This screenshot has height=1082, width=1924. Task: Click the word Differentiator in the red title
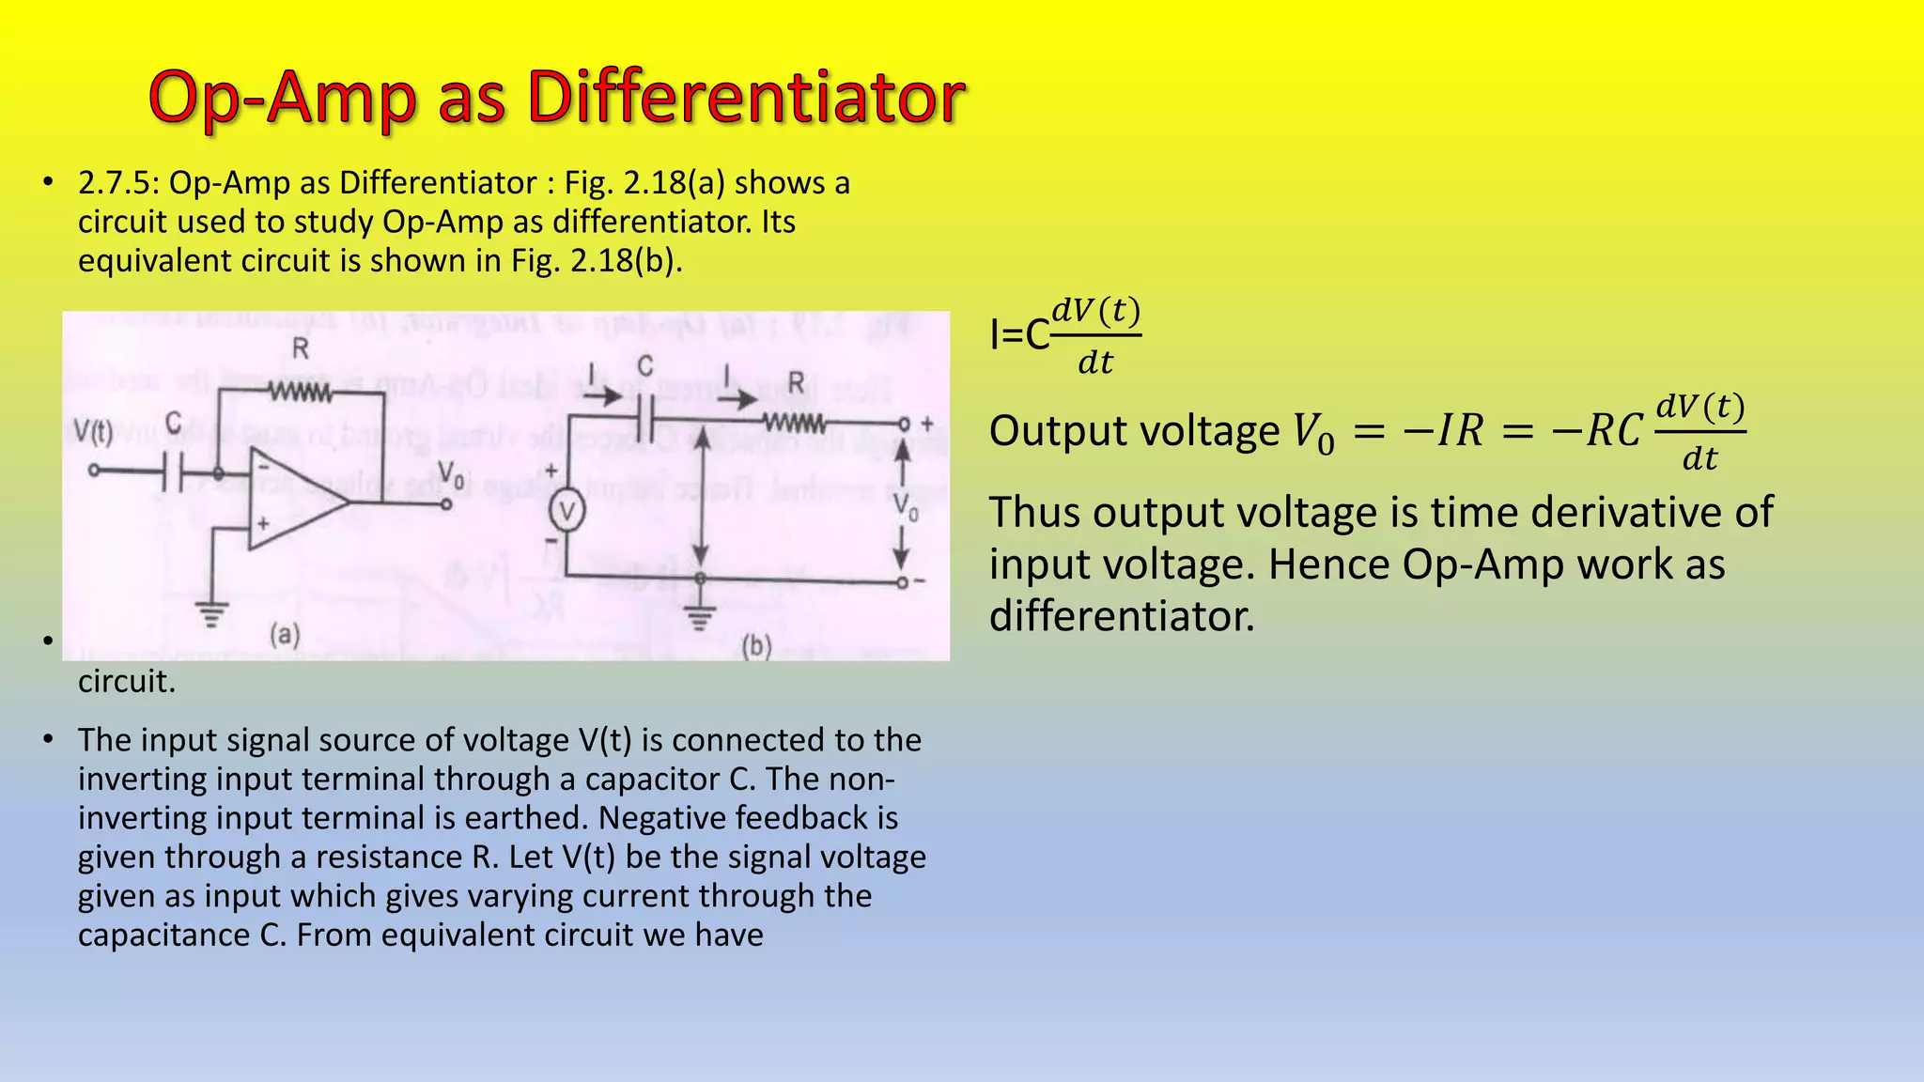[746, 98]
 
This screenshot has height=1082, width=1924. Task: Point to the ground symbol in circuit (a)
[213, 616]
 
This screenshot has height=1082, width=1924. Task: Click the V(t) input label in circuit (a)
[93, 432]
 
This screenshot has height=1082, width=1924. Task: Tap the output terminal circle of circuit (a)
[447, 504]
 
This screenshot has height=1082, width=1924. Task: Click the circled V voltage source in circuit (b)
[566, 512]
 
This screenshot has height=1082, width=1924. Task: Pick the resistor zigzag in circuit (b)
[795, 423]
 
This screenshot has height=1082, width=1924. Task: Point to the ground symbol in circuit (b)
[699, 617]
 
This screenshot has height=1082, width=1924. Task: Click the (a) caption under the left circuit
[285, 635]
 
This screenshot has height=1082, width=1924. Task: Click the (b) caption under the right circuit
[756, 646]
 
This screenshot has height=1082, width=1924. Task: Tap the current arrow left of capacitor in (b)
[600, 395]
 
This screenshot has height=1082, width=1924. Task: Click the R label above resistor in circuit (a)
[301, 349]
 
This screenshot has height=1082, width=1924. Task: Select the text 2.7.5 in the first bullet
[114, 182]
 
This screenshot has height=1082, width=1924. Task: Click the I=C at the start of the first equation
[1019, 334]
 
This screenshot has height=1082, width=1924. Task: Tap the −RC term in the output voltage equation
[1596, 431]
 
